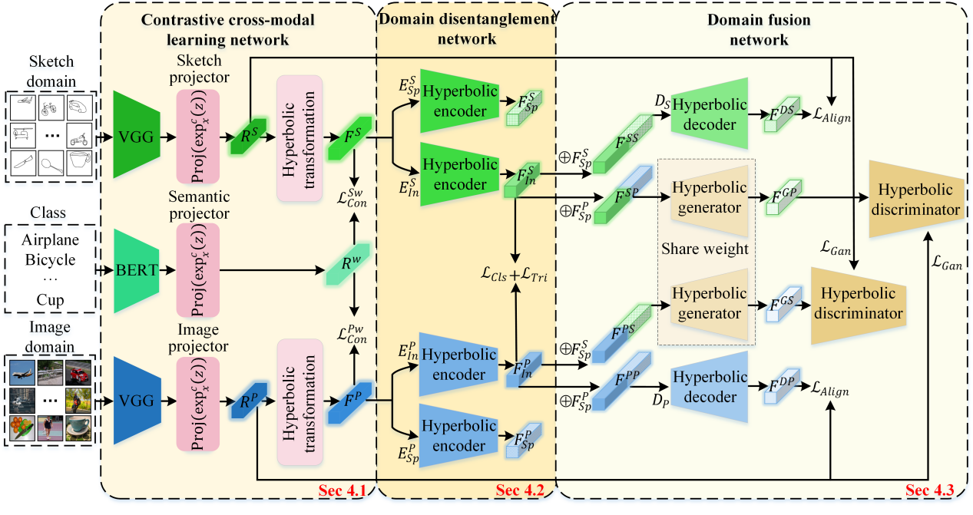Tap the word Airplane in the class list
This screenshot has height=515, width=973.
pos(51,239)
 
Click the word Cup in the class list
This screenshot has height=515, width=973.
pos(51,299)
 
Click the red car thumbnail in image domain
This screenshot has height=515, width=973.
pos(79,375)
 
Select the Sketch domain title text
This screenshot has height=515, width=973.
pos(52,71)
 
